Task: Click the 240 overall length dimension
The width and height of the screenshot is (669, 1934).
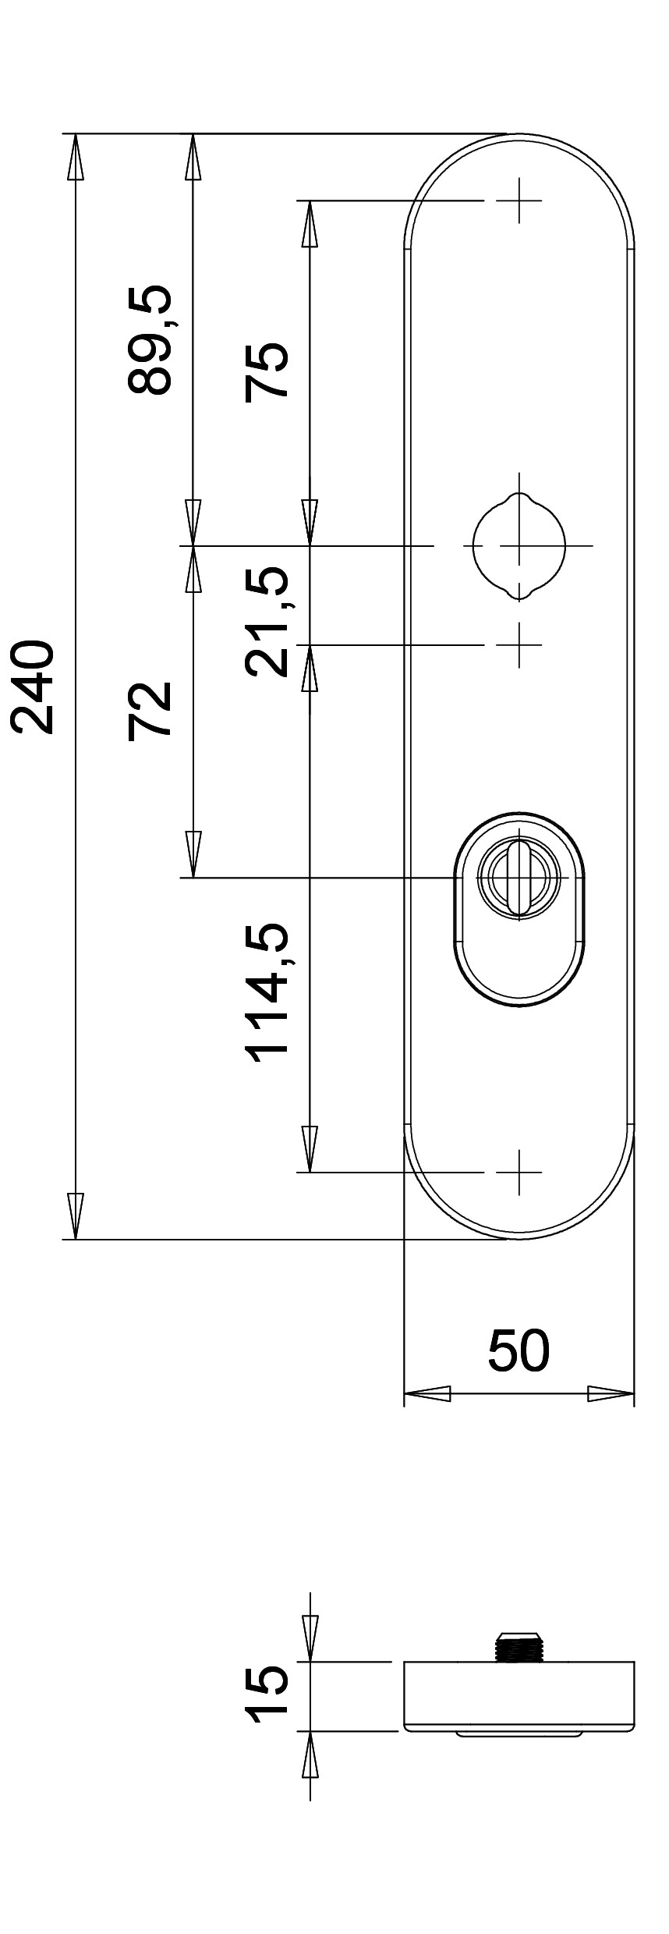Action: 33,687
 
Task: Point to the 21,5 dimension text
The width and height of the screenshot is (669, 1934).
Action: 266,621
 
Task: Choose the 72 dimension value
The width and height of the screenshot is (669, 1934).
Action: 148,708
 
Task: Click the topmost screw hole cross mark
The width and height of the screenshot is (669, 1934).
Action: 519,201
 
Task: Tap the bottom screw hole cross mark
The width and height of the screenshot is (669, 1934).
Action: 519,1172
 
